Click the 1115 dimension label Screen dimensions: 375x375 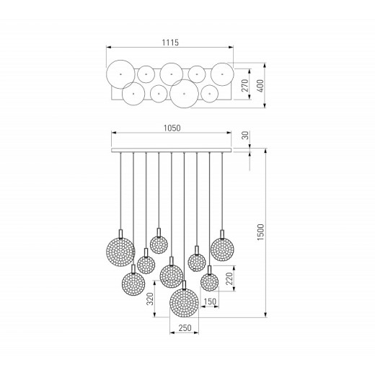(170, 43)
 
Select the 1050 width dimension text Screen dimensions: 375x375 (172, 128)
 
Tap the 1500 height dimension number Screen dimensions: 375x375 (260, 232)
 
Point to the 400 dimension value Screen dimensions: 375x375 (260, 86)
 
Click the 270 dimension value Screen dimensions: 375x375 (245, 85)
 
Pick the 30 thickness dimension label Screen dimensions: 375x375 (245, 136)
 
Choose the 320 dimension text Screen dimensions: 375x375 (150, 299)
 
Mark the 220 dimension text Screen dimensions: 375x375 (229, 278)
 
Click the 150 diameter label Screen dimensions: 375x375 (210, 301)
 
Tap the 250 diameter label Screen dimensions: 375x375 (185, 328)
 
